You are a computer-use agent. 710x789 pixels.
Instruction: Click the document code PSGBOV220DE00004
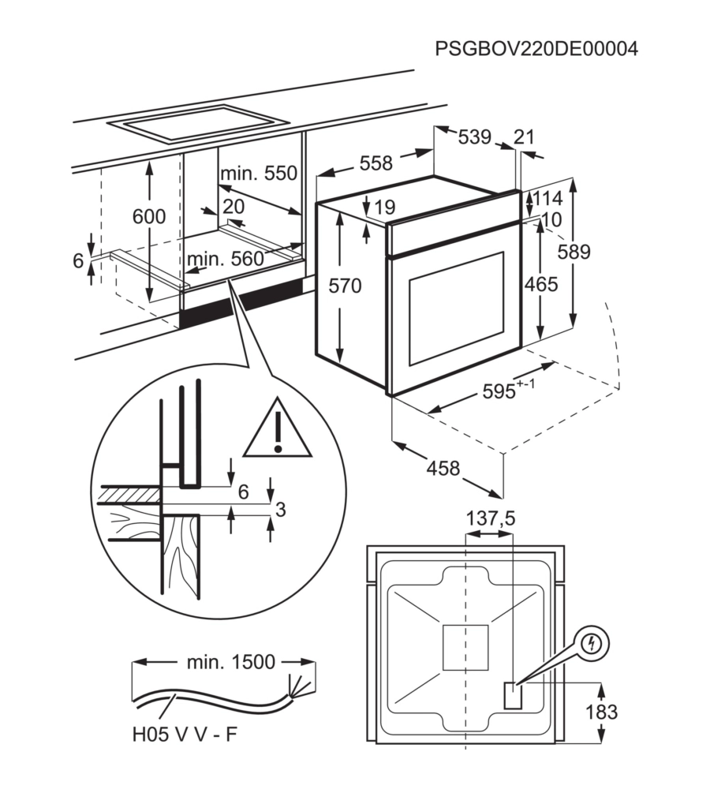click(536, 49)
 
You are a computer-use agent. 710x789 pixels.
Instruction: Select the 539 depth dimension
click(474, 136)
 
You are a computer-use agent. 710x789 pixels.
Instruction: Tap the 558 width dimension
click(376, 163)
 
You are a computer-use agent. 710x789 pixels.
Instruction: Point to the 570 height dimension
click(346, 286)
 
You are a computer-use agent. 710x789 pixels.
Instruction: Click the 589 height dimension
click(574, 252)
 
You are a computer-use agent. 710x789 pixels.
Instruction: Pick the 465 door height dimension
click(541, 284)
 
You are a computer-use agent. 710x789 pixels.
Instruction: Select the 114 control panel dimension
click(547, 198)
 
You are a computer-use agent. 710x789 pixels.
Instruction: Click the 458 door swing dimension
click(443, 468)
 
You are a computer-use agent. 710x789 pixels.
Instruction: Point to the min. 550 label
click(259, 173)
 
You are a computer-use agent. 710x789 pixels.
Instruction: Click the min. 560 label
click(226, 259)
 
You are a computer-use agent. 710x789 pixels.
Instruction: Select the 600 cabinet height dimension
click(149, 216)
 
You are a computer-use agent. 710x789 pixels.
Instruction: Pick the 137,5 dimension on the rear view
click(491, 518)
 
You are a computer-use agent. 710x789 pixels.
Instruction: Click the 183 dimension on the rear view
click(602, 712)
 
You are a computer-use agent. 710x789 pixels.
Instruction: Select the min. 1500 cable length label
click(231, 662)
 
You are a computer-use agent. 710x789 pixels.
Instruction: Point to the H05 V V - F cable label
click(185, 734)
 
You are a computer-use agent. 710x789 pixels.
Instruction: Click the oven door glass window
click(456, 308)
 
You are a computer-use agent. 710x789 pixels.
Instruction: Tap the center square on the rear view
click(465, 648)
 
